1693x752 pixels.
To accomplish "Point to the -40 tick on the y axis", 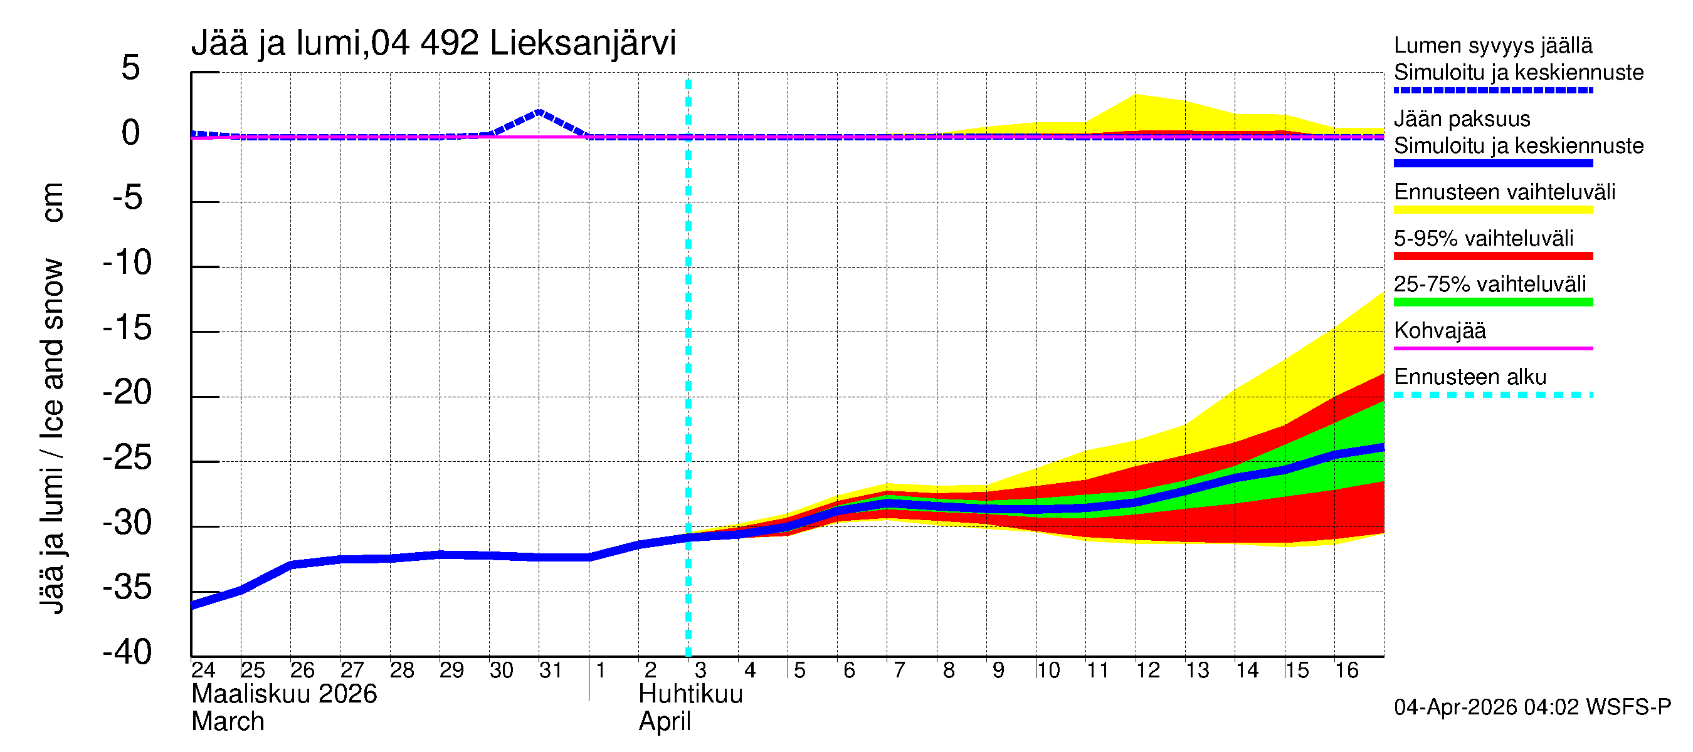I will coord(127,652).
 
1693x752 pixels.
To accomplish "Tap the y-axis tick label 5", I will coord(131,68).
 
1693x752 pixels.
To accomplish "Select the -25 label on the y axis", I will coord(127,457).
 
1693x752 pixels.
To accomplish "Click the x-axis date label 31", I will coord(550,670).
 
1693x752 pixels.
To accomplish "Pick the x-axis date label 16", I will coord(1346,670).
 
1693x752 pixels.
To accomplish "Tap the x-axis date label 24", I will coord(203,670).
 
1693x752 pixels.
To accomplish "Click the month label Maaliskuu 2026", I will coord(284,694).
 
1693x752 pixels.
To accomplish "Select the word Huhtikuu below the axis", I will coord(690,694).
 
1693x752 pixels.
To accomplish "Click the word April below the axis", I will coord(665,722).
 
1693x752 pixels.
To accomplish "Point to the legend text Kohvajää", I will coord(1439,330).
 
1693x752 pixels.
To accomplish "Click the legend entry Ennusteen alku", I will coord(1470,377).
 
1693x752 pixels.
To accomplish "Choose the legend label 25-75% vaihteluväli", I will coord(1489,285).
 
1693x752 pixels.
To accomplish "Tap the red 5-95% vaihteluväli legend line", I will coord(1492,256).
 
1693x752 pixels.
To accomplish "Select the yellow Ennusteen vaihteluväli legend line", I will coord(1492,210).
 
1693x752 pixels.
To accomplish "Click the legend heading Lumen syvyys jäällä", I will coord(1492,45).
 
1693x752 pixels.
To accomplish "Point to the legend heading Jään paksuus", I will coord(1462,119).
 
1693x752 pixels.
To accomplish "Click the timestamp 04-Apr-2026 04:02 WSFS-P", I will coord(1532,708).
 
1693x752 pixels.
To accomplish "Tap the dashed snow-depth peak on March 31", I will coord(539,112).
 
